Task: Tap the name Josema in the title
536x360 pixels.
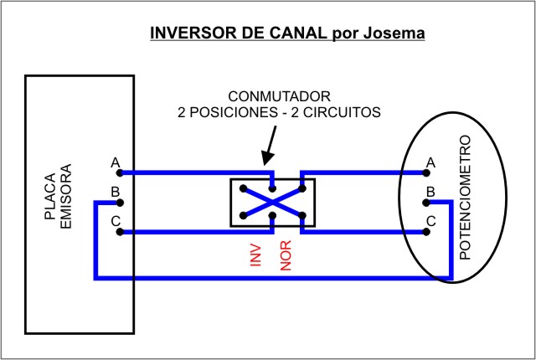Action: [393, 33]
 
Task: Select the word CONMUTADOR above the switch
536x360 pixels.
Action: [279, 95]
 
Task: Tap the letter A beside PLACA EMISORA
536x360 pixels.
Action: [116, 162]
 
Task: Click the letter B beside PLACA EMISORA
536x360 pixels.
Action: [116, 192]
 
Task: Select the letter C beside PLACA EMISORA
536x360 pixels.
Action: [116, 221]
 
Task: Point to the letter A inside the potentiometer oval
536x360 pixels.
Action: [430, 162]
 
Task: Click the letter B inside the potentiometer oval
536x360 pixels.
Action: [430, 192]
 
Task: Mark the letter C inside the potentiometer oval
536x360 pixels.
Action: [430, 221]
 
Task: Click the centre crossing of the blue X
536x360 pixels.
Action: [272, 202]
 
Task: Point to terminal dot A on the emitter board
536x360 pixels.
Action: [121, 172]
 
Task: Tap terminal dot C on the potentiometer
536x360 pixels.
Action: [425, 232]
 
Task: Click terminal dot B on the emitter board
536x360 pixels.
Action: [121, 203]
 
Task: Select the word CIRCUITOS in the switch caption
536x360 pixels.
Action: [341, 111]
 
